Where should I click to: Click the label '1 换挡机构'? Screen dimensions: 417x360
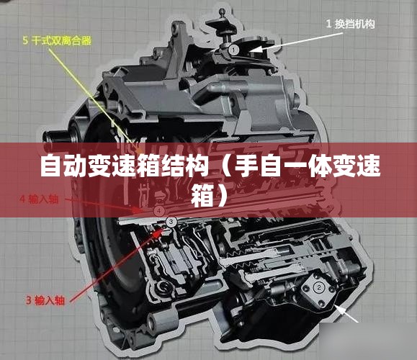(350, 24)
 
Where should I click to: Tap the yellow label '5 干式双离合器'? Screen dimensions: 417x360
(57, 40)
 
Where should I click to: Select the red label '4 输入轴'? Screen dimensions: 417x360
(39, 199)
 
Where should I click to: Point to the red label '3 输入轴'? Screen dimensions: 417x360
(45, 300)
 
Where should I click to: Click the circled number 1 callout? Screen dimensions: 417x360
(233, 50)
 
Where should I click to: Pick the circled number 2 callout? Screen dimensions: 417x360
(319, 287)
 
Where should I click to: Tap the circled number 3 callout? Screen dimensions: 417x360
(171, 220)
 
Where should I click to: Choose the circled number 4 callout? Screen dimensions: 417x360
(159, 211)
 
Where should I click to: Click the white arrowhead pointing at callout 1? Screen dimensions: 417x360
(255, 49)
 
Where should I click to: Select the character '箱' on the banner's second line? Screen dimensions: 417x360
(202, 196)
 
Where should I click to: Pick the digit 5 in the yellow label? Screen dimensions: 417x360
(25, 40)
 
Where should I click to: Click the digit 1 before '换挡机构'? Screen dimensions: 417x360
(328, 24)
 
